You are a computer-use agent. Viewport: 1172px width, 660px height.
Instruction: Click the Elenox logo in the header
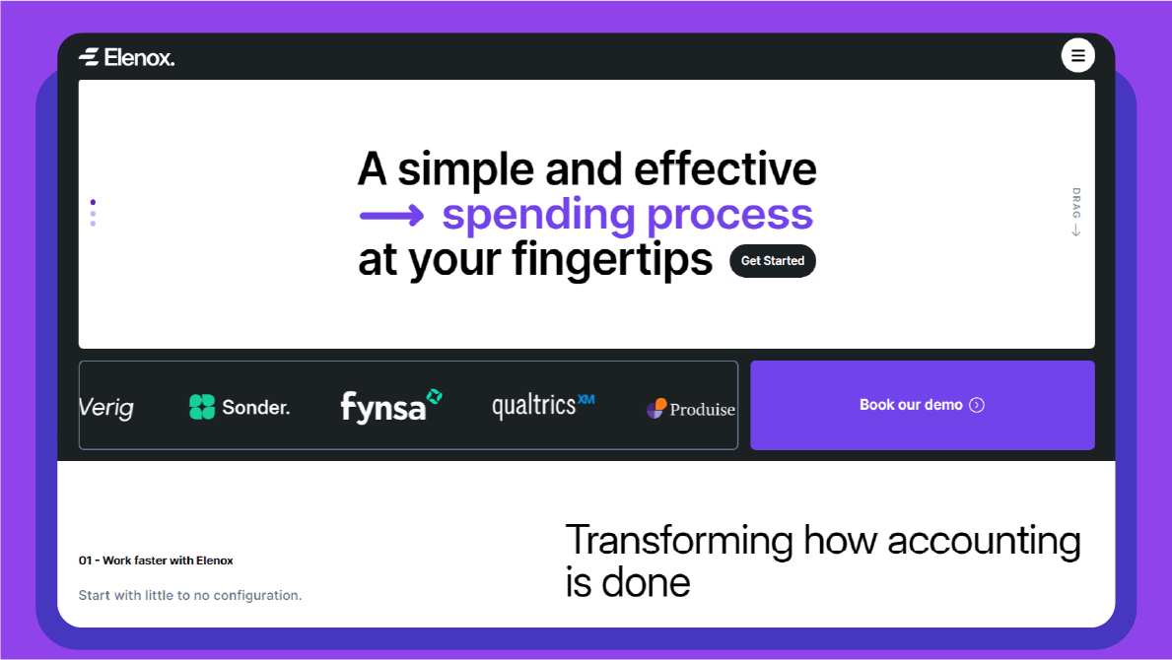tap(126, 57)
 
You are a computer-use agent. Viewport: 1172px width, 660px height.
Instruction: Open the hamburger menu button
tap(1077, 55)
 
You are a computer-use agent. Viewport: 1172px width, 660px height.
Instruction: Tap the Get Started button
tap(772, 261)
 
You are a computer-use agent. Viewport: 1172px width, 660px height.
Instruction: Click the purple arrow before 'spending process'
tap(391, 217)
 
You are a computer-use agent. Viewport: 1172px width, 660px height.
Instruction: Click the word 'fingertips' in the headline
tap(611, 259)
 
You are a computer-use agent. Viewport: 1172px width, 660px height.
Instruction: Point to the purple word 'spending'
tap(538, 216)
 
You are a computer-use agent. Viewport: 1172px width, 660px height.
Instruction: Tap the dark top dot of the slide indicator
tap(93, 202)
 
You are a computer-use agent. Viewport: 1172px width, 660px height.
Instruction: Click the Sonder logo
tap(240, 407)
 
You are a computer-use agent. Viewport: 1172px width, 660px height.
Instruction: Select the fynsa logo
tap(391, 406)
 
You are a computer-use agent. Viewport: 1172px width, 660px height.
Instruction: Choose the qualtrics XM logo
tap(543, 405)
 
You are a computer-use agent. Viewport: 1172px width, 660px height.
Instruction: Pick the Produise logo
tap(691, 409)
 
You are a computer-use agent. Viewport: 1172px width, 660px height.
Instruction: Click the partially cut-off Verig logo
tap(106, 407)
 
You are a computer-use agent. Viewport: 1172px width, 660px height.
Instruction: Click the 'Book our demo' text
tap(911, 405)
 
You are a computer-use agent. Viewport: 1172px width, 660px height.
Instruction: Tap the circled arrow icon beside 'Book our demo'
tap(977, 405)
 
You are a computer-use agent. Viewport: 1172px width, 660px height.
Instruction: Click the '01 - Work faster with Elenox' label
tap(156, 560)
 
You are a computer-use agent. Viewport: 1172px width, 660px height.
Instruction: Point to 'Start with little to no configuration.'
tap(190, 595)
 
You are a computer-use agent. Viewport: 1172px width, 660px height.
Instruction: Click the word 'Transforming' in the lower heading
tap(679, 541)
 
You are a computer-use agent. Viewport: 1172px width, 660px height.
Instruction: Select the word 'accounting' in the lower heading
tap(984, 541)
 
